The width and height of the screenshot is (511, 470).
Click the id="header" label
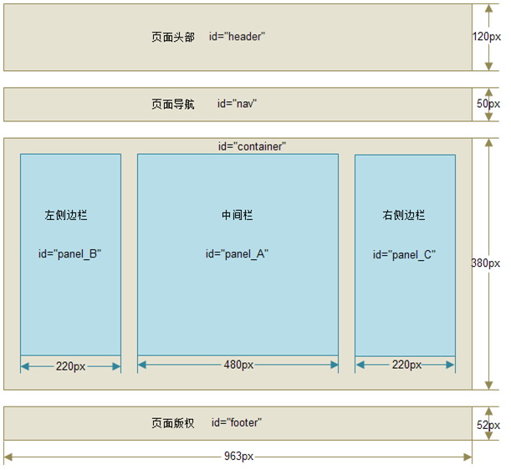pos(238,37)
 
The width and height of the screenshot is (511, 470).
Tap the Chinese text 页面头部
pos(173,37)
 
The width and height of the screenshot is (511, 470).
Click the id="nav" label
pos(237,104)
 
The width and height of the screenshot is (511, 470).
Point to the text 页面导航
pos(173,104)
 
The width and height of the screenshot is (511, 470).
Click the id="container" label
pos(252,146)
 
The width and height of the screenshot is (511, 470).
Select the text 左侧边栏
pos(66,215)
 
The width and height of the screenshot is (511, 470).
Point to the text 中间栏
pos(237,215)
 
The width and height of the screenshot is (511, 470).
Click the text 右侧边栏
pos(404,215)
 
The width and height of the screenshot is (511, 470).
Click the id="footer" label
pos(236,423)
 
